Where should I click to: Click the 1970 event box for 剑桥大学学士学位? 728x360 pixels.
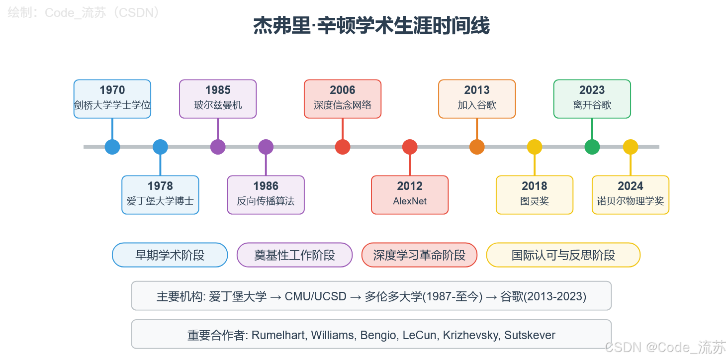point(112,99)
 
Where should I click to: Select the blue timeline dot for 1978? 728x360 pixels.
point(160,147)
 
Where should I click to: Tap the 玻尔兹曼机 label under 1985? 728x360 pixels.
point(218,105)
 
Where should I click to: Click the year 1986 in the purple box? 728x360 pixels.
point(266,186)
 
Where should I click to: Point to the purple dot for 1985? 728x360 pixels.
point(218,147)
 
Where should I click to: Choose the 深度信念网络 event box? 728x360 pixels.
point(343,99)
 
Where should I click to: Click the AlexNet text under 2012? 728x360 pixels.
point(410,201)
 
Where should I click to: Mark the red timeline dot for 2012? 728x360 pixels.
point(410,147)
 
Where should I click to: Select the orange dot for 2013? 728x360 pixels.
point(477,147)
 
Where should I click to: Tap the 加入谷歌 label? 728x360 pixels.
point(477,105)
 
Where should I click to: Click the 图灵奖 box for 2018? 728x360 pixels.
point(535,195)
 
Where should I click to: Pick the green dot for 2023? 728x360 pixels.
point(592,147)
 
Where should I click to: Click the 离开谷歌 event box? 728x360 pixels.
point(592,99)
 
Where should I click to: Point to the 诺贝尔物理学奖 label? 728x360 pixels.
point(631,201)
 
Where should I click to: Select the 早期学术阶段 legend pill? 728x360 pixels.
point(170,255)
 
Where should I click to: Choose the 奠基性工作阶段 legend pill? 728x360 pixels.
point(294,255)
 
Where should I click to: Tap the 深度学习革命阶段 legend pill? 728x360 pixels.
point(419,255)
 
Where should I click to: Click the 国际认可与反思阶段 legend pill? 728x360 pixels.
point(563,255)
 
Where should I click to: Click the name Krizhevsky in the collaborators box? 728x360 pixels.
point(470,335)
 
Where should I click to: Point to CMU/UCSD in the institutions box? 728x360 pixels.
point(315,297)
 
